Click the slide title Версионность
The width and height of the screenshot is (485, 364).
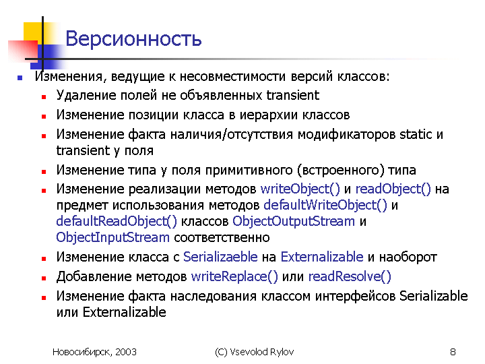click(x=133, y=38)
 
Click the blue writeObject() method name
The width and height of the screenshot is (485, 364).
click(x=300, y=189)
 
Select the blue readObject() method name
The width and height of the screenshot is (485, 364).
click(x=393, y=189)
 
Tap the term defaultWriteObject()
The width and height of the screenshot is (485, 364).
click(x=325, y=205)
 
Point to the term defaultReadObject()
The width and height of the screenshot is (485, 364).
click(x=117, y=221)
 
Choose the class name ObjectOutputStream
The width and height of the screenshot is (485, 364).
click(x=294, y=221)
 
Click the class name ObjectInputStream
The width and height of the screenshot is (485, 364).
click(x=113, y=238)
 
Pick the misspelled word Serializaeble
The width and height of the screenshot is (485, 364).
click(x=220, y=257)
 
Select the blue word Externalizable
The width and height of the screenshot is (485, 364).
click(x=322, y=257)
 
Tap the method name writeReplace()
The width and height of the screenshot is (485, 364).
click(x=234, y=276)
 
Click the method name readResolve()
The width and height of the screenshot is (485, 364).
click(x=350, y=276)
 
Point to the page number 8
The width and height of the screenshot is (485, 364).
click(x=453, y=352)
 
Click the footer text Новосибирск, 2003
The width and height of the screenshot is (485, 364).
click(x=94, y=352)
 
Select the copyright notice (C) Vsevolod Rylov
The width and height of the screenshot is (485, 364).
click(x=254, y=352)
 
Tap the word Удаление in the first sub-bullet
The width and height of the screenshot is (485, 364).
click(x=86, y=95)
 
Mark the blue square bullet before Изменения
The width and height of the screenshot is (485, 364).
click(x=20, y=78)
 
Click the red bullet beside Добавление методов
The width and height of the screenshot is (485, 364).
click(x=44, y=278)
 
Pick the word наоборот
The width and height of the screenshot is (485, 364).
click(x=408, y=257)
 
